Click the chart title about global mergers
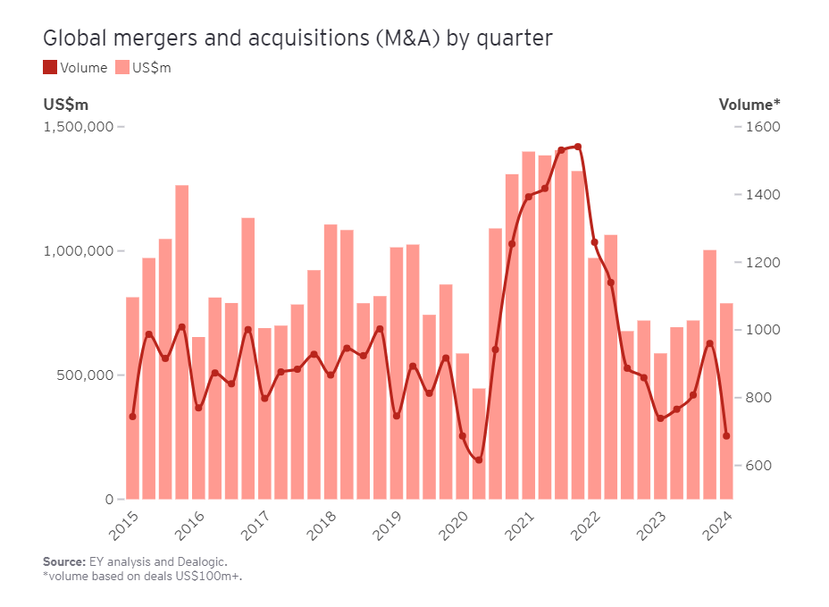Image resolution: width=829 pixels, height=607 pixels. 297,38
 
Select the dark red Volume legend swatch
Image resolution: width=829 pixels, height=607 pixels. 50,68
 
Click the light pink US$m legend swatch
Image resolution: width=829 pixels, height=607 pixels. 122,68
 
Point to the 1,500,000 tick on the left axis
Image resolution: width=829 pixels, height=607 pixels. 80,127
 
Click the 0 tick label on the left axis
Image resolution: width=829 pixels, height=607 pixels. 108,500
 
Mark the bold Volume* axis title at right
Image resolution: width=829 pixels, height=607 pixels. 749,105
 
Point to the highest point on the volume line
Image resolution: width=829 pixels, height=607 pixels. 578,147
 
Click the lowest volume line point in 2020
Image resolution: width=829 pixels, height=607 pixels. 479,460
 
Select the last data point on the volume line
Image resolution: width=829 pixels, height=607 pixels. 726,436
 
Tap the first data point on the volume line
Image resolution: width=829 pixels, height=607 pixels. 132,417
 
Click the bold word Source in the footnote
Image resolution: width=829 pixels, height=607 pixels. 63,561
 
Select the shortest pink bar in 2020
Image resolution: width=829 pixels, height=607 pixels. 479,443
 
